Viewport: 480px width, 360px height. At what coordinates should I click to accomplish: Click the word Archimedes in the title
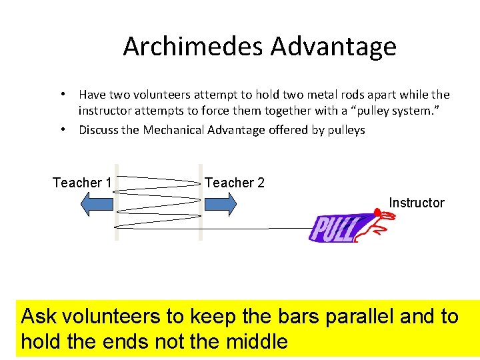tap(193, 47)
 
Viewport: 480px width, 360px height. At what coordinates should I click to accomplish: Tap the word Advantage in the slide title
tap(333, 47)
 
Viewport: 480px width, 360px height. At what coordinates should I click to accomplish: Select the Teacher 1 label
tap(82, 183)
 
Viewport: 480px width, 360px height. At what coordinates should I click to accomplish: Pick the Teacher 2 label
tap(235, 183)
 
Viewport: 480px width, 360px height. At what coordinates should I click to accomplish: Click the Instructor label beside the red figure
tap(416, 203)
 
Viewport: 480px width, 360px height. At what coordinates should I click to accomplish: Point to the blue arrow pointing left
tap(97, 204)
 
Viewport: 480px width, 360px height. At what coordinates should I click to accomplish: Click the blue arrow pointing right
tap(219, 204)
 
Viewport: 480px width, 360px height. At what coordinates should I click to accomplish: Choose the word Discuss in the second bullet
tap(99, 130)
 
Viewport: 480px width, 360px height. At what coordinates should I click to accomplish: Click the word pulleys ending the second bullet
tap(346, 130)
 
